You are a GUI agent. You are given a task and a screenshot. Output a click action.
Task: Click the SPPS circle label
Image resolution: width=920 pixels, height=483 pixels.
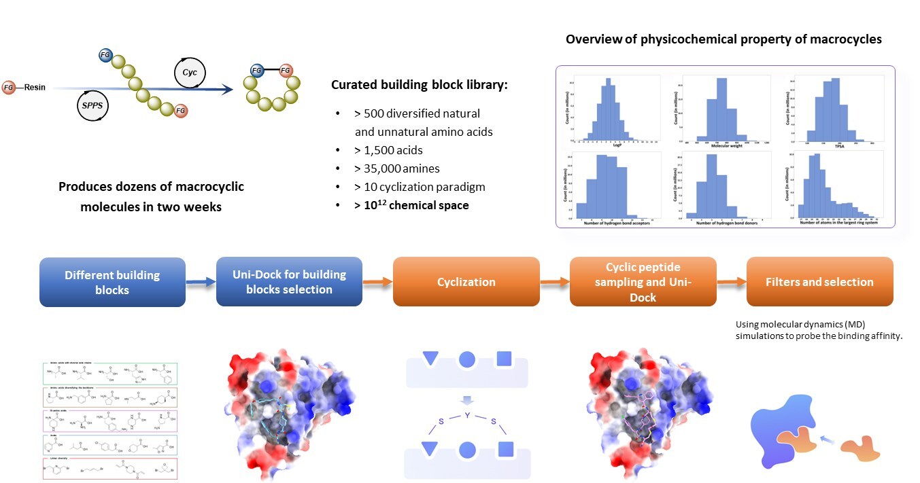93,106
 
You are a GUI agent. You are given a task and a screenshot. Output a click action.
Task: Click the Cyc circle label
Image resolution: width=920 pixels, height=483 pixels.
190,71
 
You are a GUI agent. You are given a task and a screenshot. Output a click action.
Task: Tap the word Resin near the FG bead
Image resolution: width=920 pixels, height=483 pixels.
35,87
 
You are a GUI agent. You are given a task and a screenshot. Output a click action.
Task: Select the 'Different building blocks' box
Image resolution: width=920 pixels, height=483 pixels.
112,282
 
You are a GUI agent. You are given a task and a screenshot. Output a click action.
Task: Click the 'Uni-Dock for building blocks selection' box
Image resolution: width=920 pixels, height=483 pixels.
289,282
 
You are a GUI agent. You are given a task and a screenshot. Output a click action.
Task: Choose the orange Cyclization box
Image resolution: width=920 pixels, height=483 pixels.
466,281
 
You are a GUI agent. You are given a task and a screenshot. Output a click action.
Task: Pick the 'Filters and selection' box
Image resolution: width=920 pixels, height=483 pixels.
819,281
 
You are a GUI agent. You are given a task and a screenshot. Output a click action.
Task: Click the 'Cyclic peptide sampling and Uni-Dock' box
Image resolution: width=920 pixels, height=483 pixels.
643,281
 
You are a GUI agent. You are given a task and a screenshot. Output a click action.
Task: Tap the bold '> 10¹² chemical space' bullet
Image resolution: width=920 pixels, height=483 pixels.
411,204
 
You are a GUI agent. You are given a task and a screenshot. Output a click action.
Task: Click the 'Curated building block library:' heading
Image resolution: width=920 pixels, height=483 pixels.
420,86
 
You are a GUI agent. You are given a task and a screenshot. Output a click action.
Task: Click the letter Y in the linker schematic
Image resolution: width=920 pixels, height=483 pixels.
467,414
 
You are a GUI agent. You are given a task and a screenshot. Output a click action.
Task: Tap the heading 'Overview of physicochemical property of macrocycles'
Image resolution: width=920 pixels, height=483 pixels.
723,39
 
